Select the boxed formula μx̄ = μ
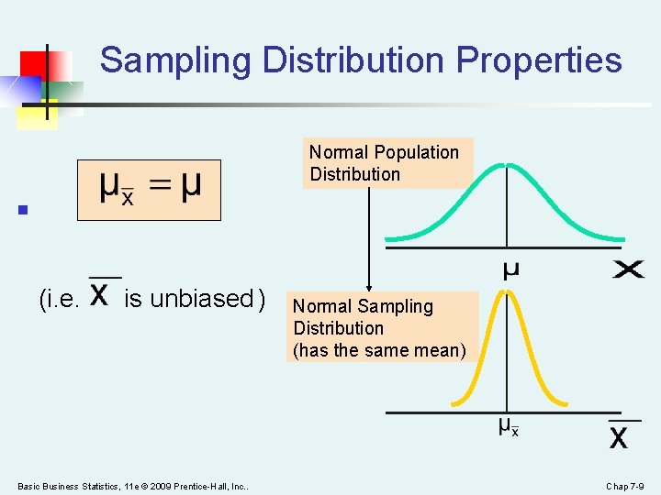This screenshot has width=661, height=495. click(x=149, y=190)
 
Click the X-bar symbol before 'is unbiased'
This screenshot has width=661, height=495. click(x=104, y=295)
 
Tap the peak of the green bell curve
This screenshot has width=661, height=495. click(x=503, y=166)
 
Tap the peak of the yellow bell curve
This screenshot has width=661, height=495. click(x=503, y=293)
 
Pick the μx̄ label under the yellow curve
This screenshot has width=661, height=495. click(x=509, y=426)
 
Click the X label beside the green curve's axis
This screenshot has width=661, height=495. click(x=629, y=269)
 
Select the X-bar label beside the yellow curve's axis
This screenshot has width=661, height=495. click(x=619, y=434)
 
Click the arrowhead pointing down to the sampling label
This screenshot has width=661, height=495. click(x=369, y=286)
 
